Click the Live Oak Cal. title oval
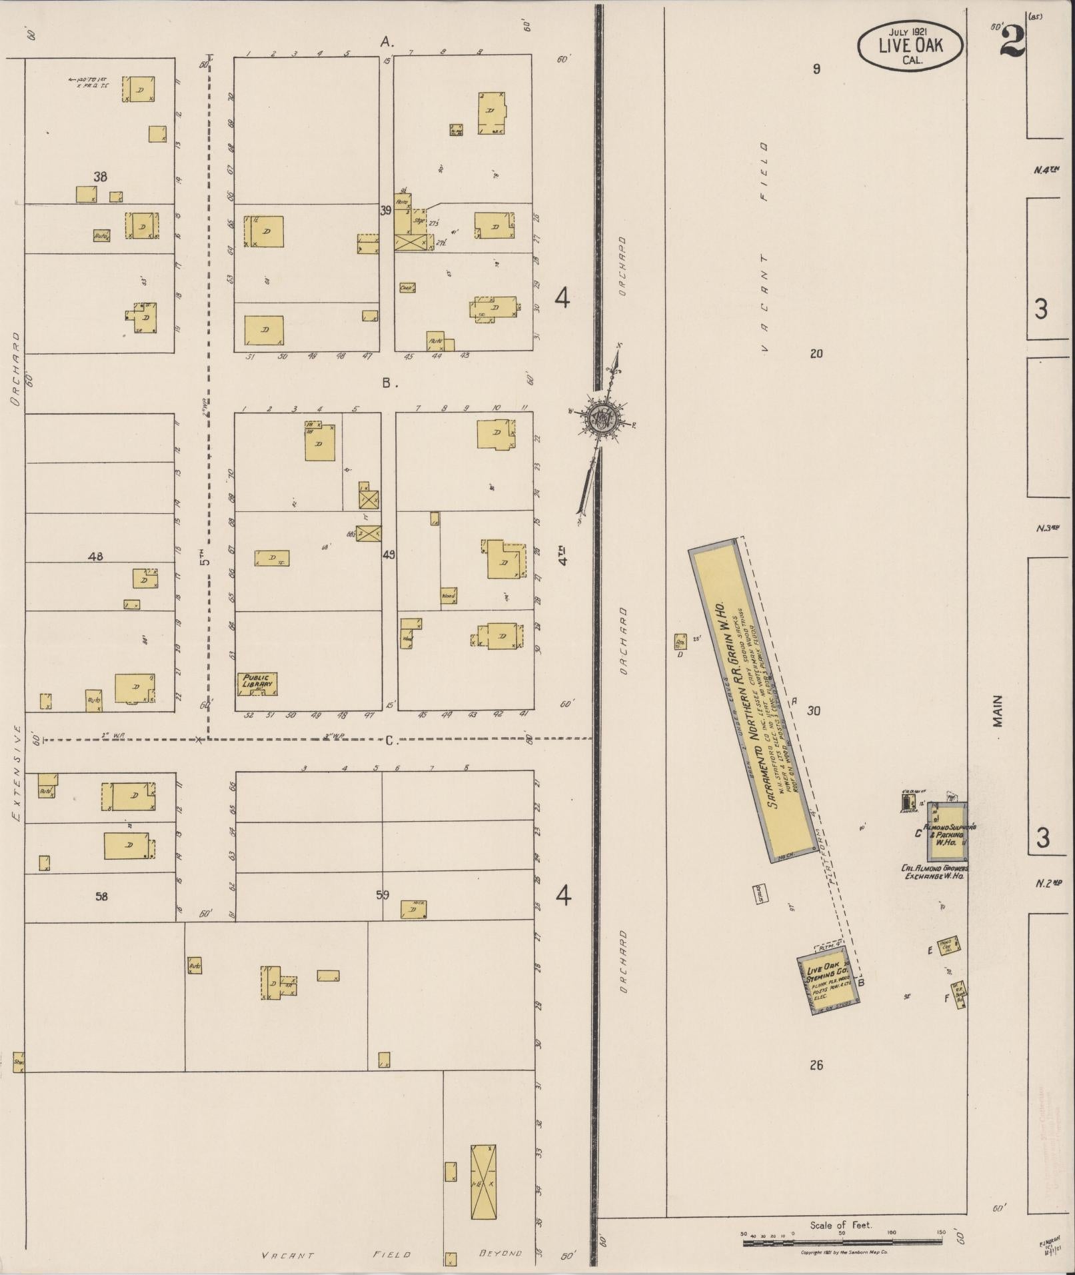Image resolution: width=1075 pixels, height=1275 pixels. click(910, 45)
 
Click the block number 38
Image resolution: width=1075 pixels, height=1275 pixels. click(100, 177)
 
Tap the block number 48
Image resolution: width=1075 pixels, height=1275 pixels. click(95, 556)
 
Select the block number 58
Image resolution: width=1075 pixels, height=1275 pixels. click(101, 896)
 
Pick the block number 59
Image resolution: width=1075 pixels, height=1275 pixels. click(382, 895)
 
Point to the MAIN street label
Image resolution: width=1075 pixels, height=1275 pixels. click(998, 711)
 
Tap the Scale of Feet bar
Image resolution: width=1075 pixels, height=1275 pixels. click(842, 1241)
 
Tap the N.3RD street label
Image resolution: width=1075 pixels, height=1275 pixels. click(1048, 529)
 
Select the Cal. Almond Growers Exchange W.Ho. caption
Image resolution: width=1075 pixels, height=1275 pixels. click(934, 872)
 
